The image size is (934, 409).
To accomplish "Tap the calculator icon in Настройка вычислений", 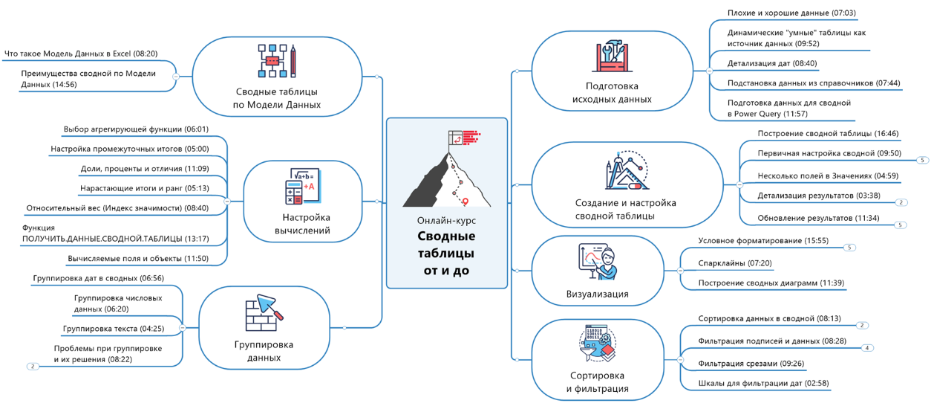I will pos(301,187).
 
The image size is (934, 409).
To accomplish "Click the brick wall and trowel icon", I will pos(264,313).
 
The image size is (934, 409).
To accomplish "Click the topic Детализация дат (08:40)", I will pos(772,64).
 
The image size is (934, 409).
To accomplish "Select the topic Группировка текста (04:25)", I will pos(114,328).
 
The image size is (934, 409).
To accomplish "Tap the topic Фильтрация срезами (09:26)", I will pos(751,364).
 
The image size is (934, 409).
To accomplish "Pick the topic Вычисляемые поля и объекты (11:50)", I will pos(137,259).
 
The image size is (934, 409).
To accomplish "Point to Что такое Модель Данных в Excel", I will pos(80,54).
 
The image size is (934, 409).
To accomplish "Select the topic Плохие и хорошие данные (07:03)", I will pos(791,13).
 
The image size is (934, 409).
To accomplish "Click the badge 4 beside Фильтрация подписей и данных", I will pos(867,347).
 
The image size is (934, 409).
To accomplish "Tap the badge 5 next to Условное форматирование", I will pos(850,248).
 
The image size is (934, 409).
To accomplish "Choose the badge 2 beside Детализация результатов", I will pos(901,202).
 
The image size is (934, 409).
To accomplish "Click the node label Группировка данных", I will pos(264,351).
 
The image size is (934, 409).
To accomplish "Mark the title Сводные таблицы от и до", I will pos(446,254).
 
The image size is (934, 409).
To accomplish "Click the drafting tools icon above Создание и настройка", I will pos(625,171).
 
